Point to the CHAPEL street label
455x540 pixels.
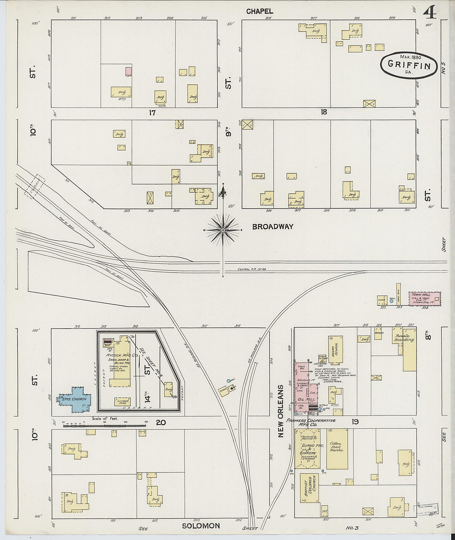(x=259, y=12)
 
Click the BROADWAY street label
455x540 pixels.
(x=273, y=226)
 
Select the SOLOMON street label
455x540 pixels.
(x=201, y=526)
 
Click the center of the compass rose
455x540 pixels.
(x=223, y=229)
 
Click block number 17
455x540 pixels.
(x=152, y=112)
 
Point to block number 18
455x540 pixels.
(x=323, y=112)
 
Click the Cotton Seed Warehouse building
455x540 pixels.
(x=337, y=449)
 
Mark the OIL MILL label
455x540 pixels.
(x=307, y=399)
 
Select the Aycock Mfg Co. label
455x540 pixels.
(x=119, y=355)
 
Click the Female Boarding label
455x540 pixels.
(x=404, y=338)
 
